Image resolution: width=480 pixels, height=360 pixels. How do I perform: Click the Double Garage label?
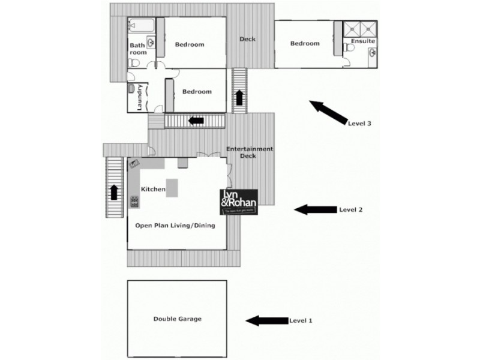pyautogui.click(x=177, y=319)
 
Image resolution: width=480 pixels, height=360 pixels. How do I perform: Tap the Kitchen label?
pyautogui.click(x=153, y=190)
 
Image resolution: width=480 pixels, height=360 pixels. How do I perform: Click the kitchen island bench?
pyautogui.click(x=172, y=187)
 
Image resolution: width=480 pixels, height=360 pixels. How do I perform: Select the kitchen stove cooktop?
pyautogui.click(x=134, y=202)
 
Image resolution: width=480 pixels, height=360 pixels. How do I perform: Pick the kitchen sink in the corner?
pyautogui.click(x=134, y=163)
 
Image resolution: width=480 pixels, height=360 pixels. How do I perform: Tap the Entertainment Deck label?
pyautogui.click(x=249, y=152)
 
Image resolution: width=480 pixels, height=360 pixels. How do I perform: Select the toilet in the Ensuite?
pyautogui.click(x=350, y=47)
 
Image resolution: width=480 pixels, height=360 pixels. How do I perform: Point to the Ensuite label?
pyautogui.click(x=364, y=41)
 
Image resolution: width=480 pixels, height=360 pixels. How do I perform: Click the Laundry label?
pyautogui.click(x=139, y=97)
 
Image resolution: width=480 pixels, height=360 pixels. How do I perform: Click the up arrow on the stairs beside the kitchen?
pyautogui.click(x=113, y=193)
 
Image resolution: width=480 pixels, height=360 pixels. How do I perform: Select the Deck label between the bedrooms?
pyautogui.click(x=248, y=39)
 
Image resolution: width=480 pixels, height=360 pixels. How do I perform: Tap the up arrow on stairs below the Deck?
pyautogui.click(x=240, y=97)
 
